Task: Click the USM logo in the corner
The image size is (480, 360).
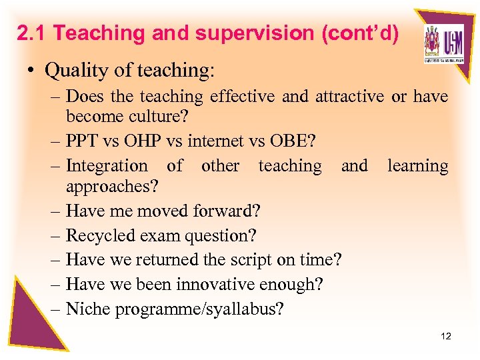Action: point(443,45)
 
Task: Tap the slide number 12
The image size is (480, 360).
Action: point(446,336)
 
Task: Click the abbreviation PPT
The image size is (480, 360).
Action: point(83,142)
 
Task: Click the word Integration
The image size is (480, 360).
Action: point(107,165)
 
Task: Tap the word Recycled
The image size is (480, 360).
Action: point(100,235)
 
